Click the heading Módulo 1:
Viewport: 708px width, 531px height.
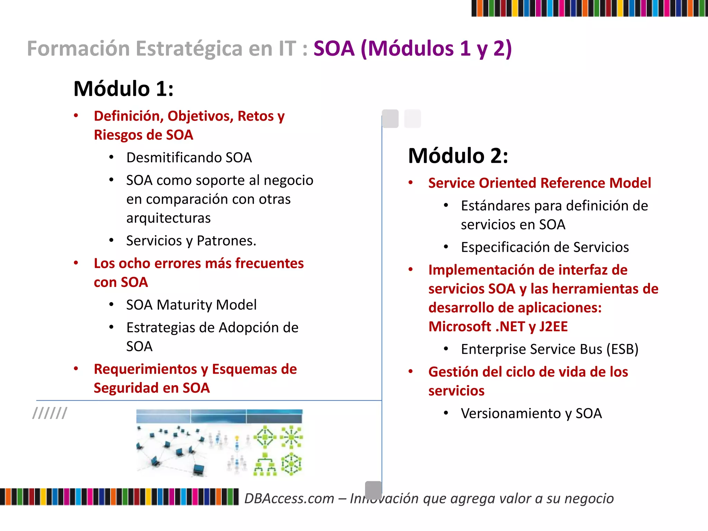click(x=123, y=88)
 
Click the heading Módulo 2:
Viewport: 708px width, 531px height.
click(x=458, y=156)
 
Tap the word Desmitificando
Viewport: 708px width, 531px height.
click(x=175, y=158)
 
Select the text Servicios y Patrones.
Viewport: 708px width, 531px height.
click(x=191, y=241)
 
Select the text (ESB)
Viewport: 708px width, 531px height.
click(x=622, y=349)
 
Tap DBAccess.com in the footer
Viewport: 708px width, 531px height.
click(x=289, y=499)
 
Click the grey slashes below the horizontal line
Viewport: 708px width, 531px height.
click(x=50, y=413)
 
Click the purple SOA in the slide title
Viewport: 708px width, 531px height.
click(x=334, y=48)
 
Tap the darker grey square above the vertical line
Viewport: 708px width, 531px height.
click(x=390, y=119)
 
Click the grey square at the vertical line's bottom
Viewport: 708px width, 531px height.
click(x=373, y=489)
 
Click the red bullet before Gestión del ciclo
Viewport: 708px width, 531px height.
click(x=411, y=372)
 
